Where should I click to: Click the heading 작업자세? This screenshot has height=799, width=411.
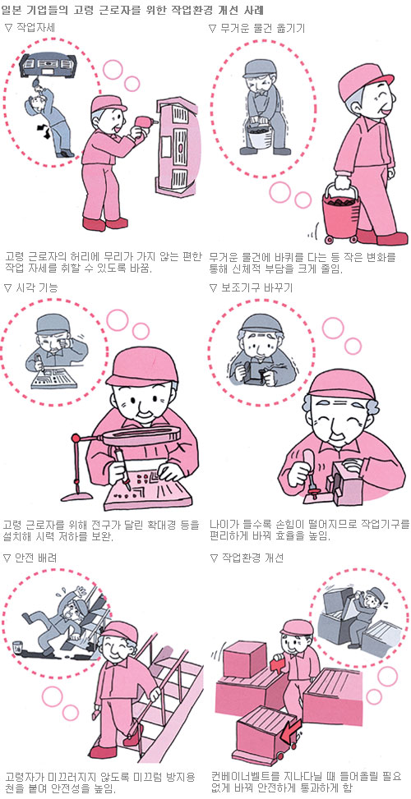33,29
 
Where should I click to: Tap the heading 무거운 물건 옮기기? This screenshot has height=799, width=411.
262,29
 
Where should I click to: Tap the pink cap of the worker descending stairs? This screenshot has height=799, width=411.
120,631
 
